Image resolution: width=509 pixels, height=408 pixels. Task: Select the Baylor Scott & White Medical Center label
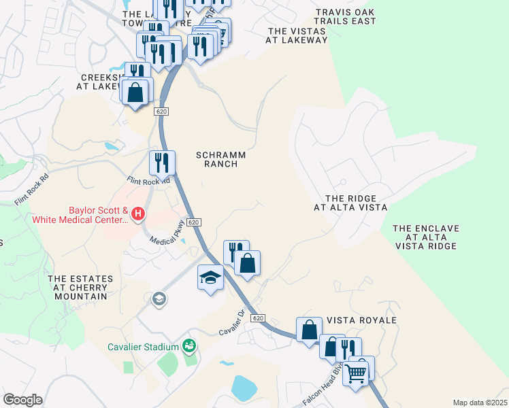coord(79,215)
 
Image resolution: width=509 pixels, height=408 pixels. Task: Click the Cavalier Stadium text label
coord(143,347)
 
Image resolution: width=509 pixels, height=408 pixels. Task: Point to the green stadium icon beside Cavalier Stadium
coord(189,347)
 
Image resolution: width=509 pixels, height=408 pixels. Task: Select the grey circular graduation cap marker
coord(159,299)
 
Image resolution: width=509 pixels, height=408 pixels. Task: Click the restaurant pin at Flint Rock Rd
coord(162,163)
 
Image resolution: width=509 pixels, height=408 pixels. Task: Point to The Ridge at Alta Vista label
coord(350,203)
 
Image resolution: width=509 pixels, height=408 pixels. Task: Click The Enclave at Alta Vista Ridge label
coord(425,237)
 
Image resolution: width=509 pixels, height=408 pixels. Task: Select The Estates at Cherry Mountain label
coord(78,287)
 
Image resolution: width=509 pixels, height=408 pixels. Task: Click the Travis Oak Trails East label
coord(346,16)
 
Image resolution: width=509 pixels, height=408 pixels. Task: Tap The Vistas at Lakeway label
coord(297,35)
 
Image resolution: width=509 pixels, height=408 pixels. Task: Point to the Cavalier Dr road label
coord(232,323)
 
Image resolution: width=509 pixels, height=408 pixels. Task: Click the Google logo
coord(22,400)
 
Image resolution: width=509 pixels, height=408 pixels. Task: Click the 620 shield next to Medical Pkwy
coord(194,222)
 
